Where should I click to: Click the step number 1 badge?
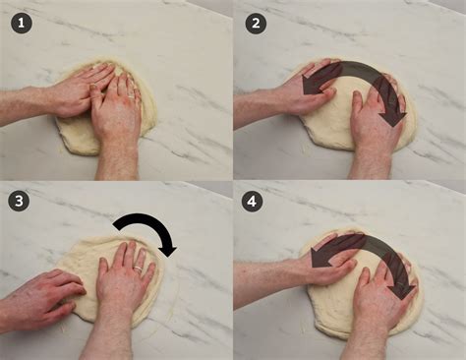coord(23,23)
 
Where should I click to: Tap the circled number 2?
coord(256,23)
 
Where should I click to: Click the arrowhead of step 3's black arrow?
coord(167,247)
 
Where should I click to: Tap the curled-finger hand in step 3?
coord(49,295)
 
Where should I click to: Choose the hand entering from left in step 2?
coord(305,93)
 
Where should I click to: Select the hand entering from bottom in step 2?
coord(376,123)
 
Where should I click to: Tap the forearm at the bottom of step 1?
coord(117,162)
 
